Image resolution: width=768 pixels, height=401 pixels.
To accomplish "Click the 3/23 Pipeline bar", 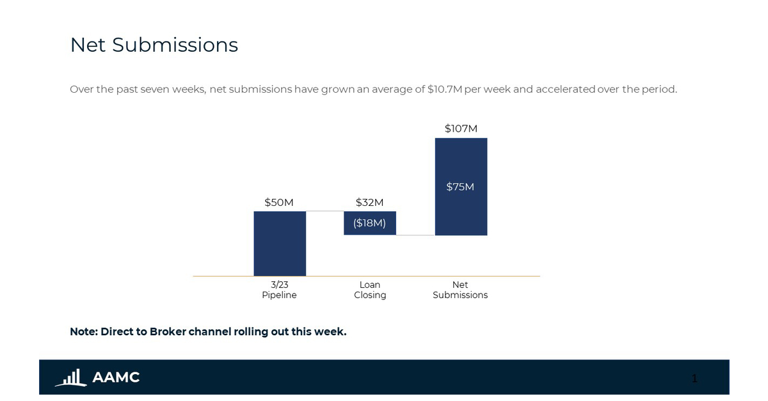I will (280, 244).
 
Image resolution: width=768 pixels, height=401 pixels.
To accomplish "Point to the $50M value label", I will (279, 202).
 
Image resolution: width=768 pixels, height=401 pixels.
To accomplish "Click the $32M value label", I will (370, 202).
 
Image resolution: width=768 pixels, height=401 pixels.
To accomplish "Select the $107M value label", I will (461, 129).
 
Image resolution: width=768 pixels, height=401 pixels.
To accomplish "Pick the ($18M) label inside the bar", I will (370, 223).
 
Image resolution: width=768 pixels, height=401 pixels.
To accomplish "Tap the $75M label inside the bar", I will (460, 187).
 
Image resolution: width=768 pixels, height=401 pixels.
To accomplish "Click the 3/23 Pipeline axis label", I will (279, 290).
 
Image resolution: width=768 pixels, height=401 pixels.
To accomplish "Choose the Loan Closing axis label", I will (370, 290).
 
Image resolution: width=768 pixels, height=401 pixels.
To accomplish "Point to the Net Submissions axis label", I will (460, 290).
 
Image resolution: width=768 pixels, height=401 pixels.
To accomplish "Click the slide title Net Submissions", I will (154, 45).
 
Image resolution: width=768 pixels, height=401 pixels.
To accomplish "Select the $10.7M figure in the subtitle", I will (445, 89).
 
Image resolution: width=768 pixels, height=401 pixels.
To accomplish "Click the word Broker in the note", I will (168, 331).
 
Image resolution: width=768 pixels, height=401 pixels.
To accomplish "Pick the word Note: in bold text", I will (83, 331).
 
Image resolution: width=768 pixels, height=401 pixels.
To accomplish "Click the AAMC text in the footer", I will (116, 377).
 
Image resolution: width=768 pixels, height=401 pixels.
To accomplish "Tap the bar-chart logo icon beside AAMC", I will (70, 377).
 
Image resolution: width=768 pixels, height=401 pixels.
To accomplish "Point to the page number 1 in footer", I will (694, 378).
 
